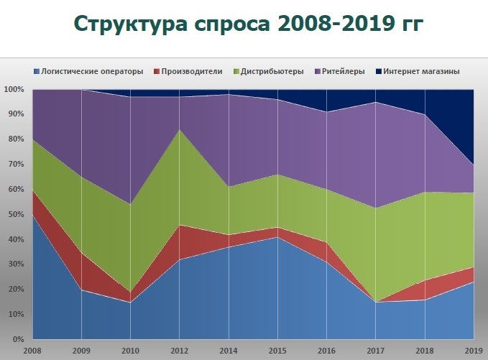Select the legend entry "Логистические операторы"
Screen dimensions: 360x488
click(x=92, y=71)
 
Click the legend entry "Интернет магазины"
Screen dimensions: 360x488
click(x=421, y=71)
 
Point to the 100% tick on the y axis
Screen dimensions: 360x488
click(x=14, y=90)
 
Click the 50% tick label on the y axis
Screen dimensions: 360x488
click(x=16, y=214)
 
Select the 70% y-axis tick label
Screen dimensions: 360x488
click(x=16, y=165)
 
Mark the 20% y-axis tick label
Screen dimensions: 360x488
click(x=16, y=290)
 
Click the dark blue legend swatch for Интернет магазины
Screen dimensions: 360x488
click(x=378, y=71)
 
